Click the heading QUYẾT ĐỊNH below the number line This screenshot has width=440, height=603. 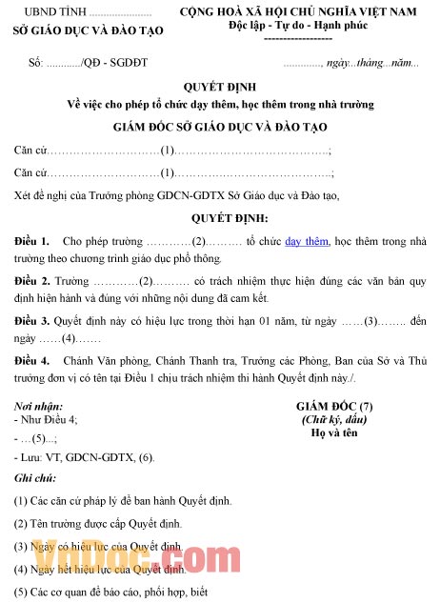(x=221, y=86)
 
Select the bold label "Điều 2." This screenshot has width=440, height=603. (x=32, y=282)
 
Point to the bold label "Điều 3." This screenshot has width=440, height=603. (x=32, y=321)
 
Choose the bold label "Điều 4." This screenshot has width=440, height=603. (x=32, y=361)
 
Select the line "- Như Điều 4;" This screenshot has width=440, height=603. (x=47, y=420)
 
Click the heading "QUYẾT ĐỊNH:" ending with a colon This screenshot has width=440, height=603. (x=221, y=217)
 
